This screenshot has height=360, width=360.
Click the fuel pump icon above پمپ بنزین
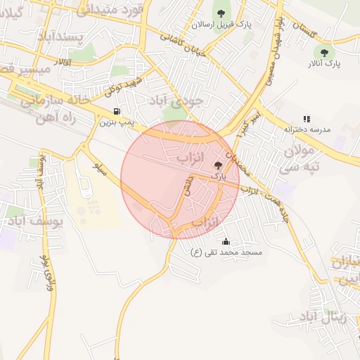(116, 111)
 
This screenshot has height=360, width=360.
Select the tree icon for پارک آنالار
(324, 52)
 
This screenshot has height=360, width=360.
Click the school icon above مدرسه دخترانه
(306, 120)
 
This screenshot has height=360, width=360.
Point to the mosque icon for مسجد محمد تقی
(224, 242)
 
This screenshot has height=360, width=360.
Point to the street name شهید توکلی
(123, 86)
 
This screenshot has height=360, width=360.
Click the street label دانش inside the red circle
(186, 189)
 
